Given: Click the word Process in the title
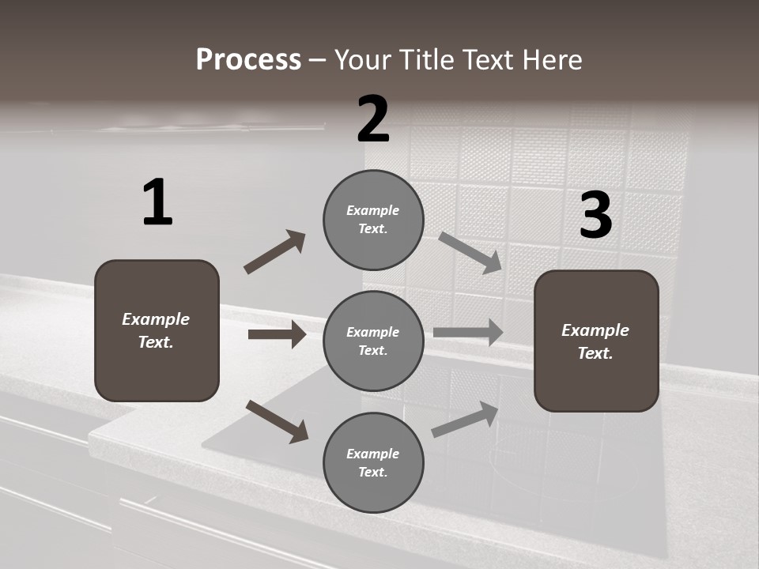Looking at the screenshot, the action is [x=248, y=60].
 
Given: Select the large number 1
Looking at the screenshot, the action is [x=157, y=203].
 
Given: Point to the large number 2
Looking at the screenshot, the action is [x=373, y=119].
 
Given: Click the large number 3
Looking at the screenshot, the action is [x=595, y=215].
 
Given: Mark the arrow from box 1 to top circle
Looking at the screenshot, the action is [x=274, y=252].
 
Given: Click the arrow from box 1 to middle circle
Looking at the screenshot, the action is [x=277, y=334].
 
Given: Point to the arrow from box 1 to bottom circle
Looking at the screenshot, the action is [x=277, y=421].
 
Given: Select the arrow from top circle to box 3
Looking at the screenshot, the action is [x=470, y=252].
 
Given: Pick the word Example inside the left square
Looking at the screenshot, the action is [x=156, y=319].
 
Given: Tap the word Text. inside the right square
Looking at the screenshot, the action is [x=595, y=353].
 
